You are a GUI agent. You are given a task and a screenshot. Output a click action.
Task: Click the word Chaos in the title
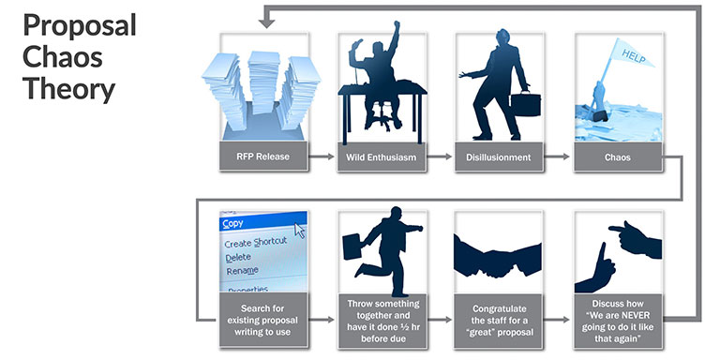pos(63,58)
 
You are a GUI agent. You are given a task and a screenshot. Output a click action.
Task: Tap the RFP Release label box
pos(263,157)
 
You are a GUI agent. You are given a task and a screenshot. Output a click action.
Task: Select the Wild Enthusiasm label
pos(382,157)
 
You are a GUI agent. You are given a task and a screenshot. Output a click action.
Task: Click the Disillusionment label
pos(499,157)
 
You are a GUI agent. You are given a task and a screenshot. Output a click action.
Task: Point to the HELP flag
pos(632,54)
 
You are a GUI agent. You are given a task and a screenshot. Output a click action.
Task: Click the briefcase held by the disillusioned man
pos(526,104)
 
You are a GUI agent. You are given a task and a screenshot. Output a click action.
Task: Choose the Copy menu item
pos(232,224)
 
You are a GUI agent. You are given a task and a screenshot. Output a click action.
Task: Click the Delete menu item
pos(238,257)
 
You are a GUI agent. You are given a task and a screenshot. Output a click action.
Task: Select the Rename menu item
pos(242,271)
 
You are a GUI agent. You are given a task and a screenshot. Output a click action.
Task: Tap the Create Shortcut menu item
pos(255,242)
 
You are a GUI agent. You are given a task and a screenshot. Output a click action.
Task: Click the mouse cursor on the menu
pos(300,230)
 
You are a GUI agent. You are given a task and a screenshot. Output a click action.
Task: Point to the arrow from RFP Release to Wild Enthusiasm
pos(322,157)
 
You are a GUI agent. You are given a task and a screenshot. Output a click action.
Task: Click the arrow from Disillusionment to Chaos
pos(557,157)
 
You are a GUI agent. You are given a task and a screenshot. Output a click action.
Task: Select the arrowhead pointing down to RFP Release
pos(267,23)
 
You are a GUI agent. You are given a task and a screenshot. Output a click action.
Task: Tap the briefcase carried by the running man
pos(352,247)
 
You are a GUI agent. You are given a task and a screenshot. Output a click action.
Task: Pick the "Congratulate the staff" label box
pos(499,321)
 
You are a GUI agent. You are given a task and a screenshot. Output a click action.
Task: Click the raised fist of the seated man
pos(397,24)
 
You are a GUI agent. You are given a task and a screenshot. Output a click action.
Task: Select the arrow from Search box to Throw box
pos(322,320)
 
